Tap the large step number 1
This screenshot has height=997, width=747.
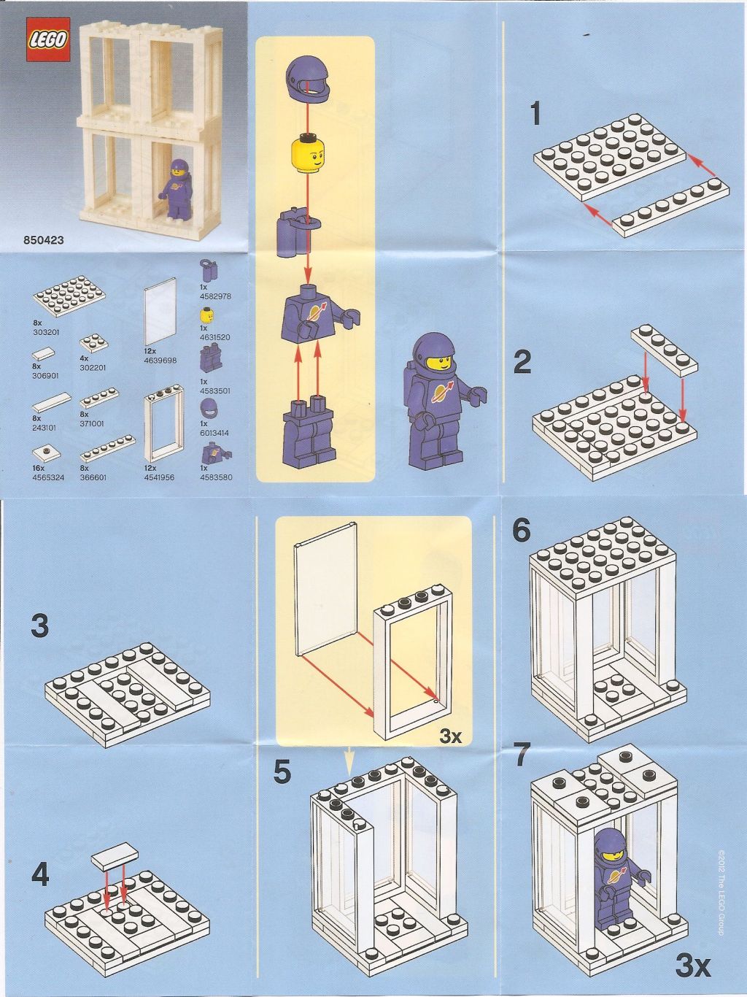click(536, 114)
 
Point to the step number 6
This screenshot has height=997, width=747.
click(521, 531)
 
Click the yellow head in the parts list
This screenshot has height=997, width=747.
click(207, 315)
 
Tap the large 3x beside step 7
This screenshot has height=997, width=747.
click(692, 967)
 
